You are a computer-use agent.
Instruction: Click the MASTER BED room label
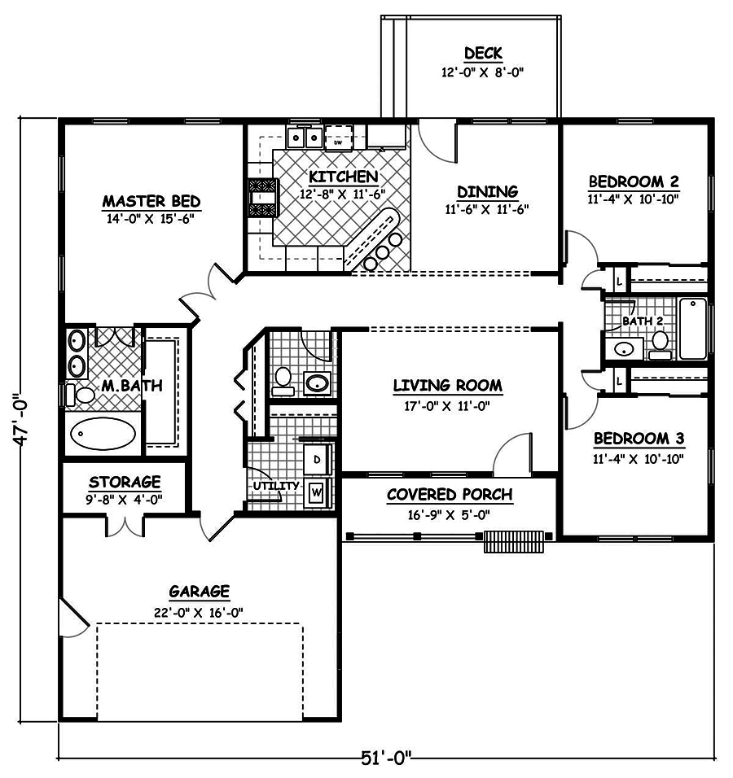pyautogui.click(x=151, y=201)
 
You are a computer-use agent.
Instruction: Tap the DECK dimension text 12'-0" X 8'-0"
pyautogui.click(x=482, y=72)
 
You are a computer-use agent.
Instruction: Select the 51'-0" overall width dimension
pyautogui.click(x=386, y=758)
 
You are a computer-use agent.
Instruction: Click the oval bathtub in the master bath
pyautogui.click(x=103, y=435)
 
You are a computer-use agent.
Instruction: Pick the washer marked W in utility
pyautogui.click(x=317, y=492)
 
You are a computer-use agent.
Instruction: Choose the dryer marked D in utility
pyautogui.click(x=317, y=459)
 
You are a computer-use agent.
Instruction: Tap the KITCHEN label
pyautogui.click(x=342, y=177)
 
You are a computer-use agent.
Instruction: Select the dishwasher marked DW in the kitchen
pyautogui.click(x=339, y=138)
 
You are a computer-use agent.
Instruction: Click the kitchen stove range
pyautogui.click(x=262, y=197)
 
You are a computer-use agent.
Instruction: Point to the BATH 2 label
pyautogui.click(x=642, y=321)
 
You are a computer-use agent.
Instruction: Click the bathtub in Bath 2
pyautogui.click(x=693, y=329)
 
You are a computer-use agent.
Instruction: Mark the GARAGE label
pyautogui.click(x=199, y=592)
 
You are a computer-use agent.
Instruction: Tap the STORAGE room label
pyautogui.click(x=125, y=483)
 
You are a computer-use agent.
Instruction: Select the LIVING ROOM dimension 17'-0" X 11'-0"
pyautogui.click(x=447, y=404)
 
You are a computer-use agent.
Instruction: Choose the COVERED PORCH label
pyautogui.click(x=449, y=495)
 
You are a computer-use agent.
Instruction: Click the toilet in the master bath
pyautogui.click(x=81, y=394)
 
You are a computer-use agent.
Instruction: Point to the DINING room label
pyautogui.click(x=487, y=192)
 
